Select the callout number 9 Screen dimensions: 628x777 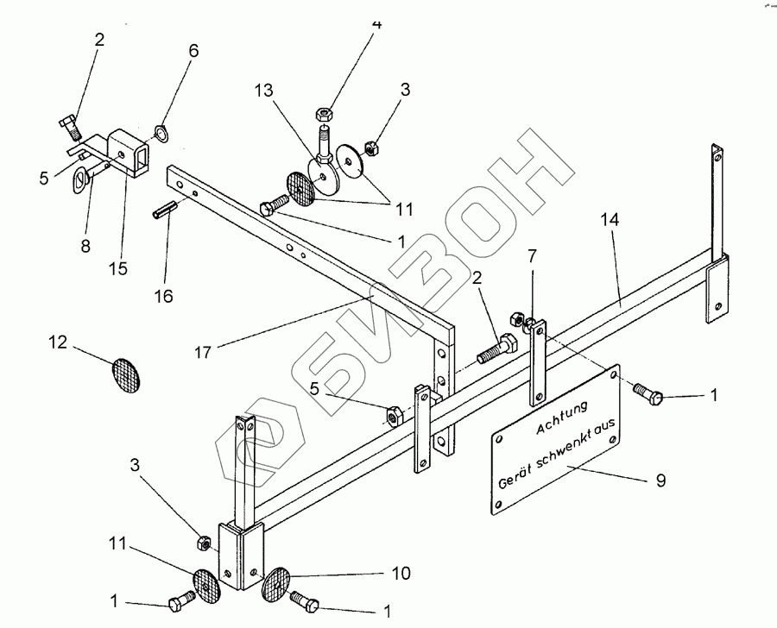[660, 480]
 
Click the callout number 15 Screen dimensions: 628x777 [118, 268]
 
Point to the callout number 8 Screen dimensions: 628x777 [85, 246]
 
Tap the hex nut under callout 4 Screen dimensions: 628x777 [325, 112]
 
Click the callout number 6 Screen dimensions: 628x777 [193, 51]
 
